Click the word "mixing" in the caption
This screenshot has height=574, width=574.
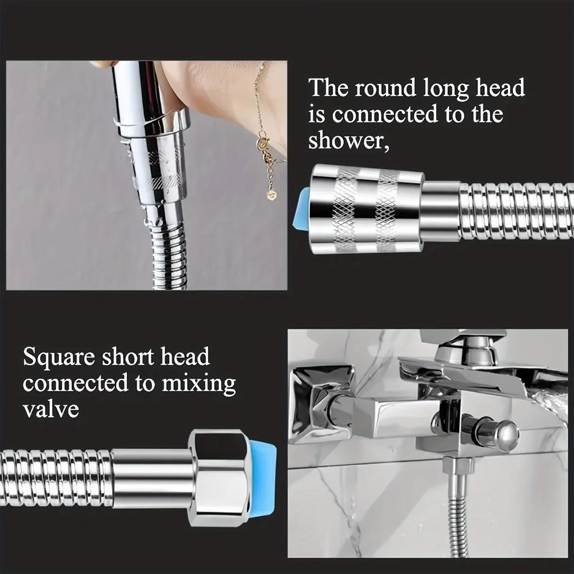pyautogui.click(x=199, y=384)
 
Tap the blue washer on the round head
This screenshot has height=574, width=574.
pyautogui.click(x=302, y=209)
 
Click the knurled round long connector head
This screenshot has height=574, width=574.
pyautogui.click(x=367, y=209)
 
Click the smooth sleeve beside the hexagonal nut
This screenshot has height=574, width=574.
pyautogui.click(x=151, y=478)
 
